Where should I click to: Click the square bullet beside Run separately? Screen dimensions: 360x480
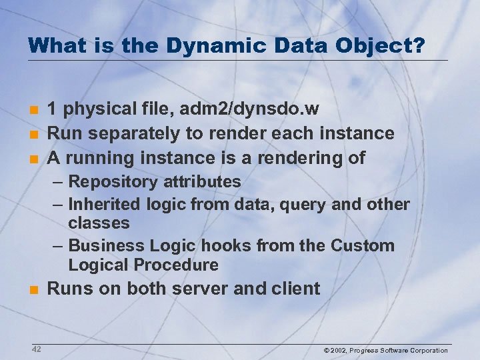(x=33, y=133)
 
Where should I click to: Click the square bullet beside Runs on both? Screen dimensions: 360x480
(x=33, y=290)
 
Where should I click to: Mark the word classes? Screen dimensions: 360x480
(x=99, y=223)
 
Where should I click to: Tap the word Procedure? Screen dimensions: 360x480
(x=176, y=265)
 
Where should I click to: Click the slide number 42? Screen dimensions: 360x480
(x=36, y=349)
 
